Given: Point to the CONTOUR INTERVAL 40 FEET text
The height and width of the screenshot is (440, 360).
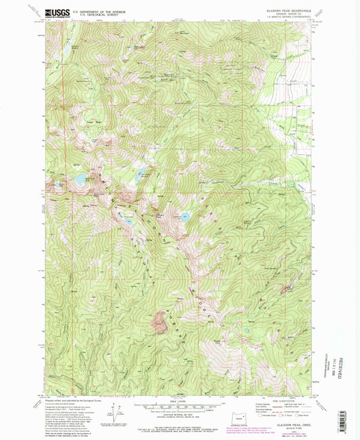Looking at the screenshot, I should (180, 414).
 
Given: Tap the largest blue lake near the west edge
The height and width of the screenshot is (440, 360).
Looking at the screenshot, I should (80, 180).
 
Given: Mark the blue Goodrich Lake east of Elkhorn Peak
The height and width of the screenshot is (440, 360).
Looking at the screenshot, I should (184, 218).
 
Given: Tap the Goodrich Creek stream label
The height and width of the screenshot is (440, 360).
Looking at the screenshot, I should (223, 184).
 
